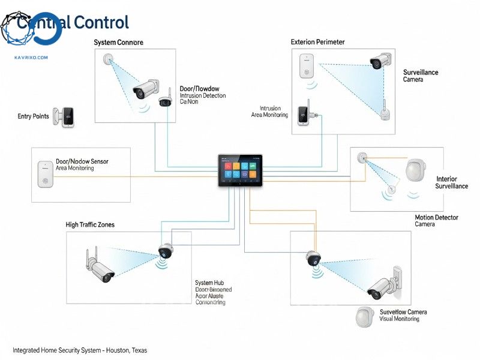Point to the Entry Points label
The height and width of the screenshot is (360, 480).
33,116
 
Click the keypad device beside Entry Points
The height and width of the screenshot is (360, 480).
65,116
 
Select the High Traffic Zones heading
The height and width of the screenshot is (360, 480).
89,224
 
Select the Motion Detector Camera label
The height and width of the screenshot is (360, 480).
436,220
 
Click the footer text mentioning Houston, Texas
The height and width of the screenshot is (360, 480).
80,350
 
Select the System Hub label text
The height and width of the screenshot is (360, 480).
209,283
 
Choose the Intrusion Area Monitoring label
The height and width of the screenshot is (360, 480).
269,112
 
